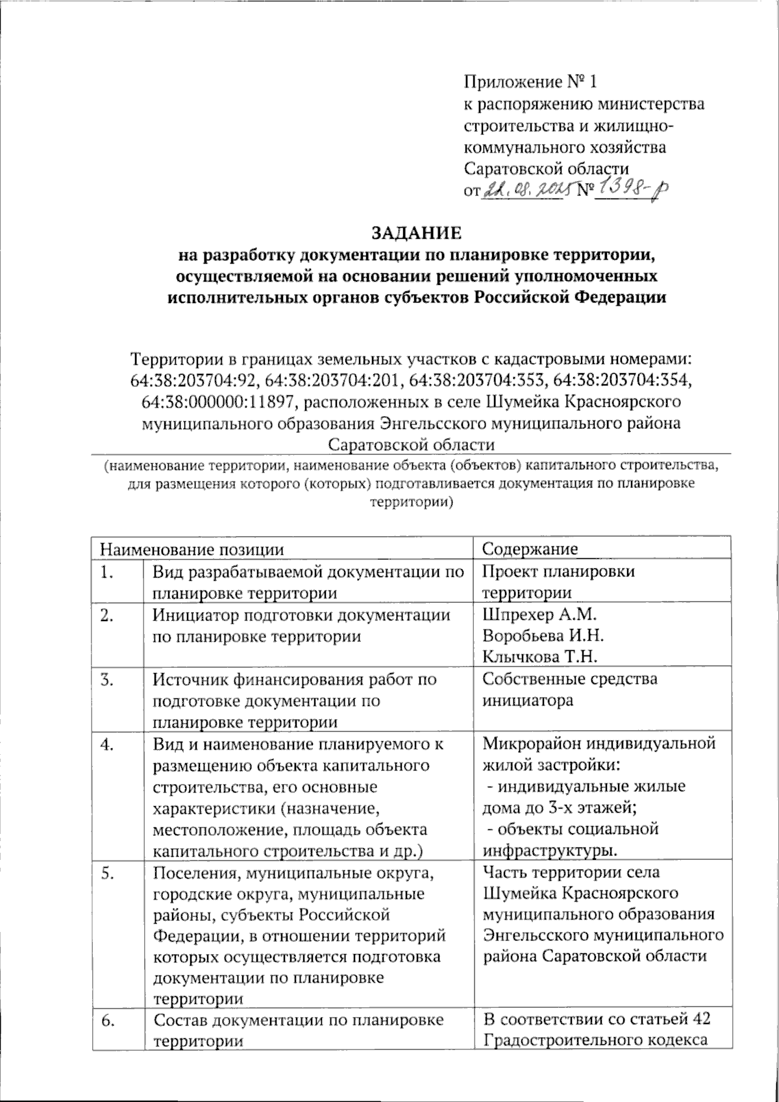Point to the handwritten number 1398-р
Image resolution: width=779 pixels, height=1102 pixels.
click(x=632, y=188)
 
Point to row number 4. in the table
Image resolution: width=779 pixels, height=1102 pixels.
click(x=108, y=744)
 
